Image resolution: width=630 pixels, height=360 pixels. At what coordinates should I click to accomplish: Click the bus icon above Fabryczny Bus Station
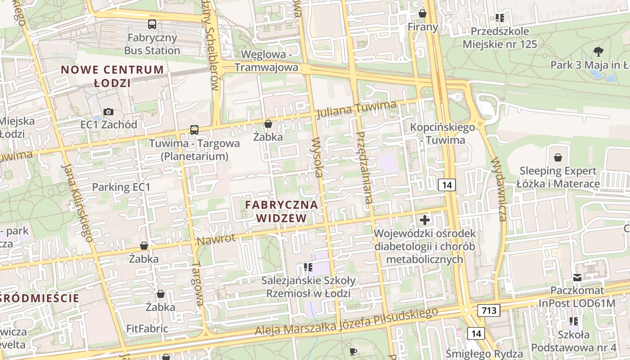click(152, 24)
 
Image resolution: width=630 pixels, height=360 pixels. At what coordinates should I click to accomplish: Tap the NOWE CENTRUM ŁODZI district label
click(112, 76)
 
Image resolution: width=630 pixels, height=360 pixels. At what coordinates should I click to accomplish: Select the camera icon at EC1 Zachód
click(108, 112)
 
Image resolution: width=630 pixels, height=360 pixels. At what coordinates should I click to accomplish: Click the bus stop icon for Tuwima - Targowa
click(194, 130)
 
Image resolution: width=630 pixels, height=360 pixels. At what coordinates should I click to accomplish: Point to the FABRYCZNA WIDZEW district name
click(282, 211)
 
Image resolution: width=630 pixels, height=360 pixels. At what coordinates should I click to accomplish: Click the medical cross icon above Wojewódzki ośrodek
click(425, 220)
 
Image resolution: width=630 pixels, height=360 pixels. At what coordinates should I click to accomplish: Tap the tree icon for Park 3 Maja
click(598, 51)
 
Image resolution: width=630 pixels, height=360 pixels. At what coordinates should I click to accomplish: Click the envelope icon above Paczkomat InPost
click(577, 278)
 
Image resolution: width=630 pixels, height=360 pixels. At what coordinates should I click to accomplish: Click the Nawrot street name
click(216, 240)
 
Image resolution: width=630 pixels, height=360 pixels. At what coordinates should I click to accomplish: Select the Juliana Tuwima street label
click(356, 110)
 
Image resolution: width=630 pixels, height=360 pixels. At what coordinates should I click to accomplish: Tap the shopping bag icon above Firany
click(423, 14)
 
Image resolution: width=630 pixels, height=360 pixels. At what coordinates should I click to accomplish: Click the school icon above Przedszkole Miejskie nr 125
click(499, 18)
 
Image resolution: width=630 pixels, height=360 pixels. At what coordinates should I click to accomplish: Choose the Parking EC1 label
click(121, 187)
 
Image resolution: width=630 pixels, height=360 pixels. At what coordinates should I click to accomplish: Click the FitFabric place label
click(147, 328)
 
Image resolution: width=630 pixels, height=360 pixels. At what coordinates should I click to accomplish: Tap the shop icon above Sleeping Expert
click(558, 157)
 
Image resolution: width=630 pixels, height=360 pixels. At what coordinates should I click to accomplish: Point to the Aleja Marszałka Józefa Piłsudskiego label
click(346, 322)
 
